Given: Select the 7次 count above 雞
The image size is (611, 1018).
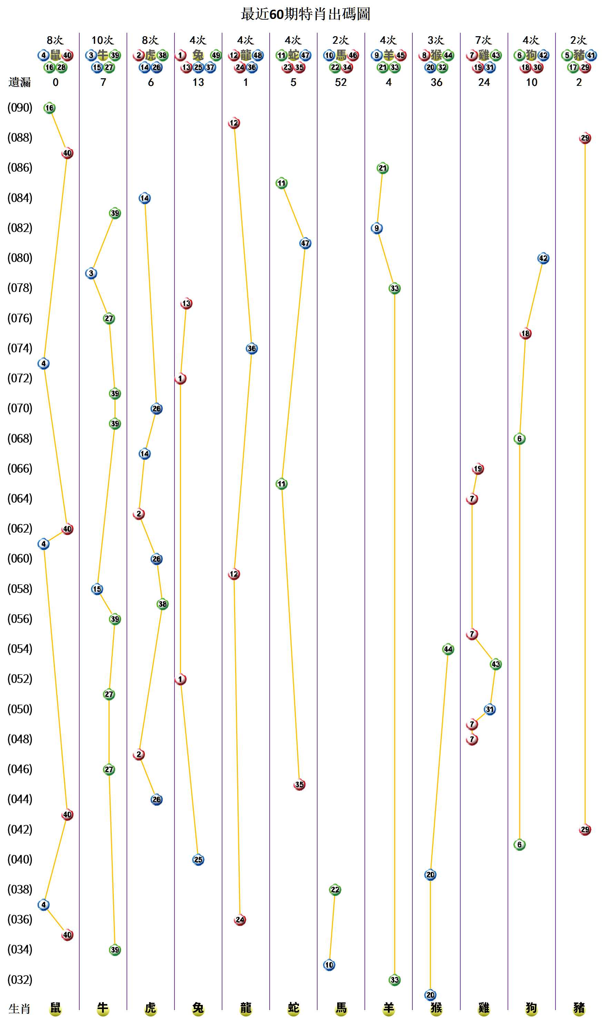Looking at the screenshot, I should (x=484, y=40).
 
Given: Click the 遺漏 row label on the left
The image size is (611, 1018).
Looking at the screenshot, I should (x=19, y=82).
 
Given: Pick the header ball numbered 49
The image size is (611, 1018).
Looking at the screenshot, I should (x=216, y=55).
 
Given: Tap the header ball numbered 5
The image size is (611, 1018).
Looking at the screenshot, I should (x=567, y=55).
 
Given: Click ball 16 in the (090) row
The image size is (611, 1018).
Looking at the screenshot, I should (x=49, y=108).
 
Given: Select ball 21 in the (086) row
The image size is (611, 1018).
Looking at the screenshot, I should (x=382, y=168).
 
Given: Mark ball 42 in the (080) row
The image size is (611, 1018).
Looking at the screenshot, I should (x=543, y=258).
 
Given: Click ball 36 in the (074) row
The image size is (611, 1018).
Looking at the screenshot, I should (x=252, y=348).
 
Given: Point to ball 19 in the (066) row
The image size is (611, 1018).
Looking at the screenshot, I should (x=478, y=468).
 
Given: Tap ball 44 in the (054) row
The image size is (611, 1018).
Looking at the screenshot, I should (x=448, y=649).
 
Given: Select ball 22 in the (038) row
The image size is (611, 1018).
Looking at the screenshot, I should (x=335, y=889).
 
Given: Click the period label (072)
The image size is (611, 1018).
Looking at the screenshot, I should (x=20, y=378).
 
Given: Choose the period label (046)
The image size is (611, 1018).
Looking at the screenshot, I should (x=20, y=769).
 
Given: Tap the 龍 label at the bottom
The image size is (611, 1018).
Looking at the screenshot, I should (x=246, y=1008).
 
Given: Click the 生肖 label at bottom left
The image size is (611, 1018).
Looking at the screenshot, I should (x=19, y=1009).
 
